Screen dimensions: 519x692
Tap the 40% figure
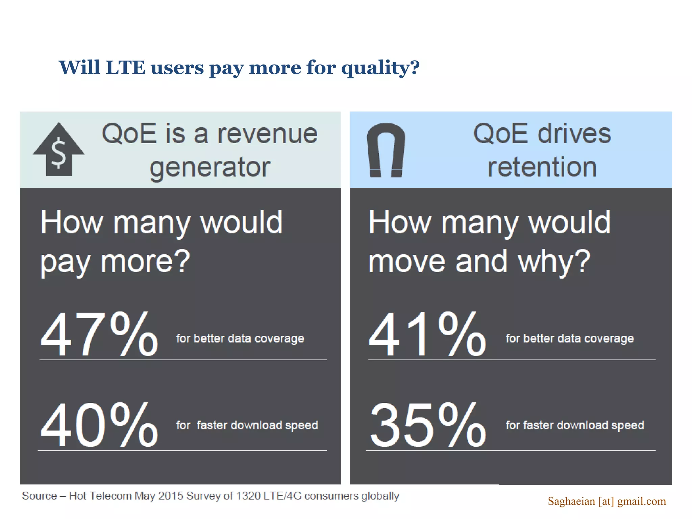pyautogui.click(x=99, y=425)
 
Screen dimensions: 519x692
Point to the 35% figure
pyautogui.click(x=427, y=425)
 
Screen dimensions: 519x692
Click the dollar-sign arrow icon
pyautogui.click(x=59, y=150)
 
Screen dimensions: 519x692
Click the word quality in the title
pyautogui.click(x=380, y=68)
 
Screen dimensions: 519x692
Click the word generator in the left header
pyautogui.click(x=210, y=167)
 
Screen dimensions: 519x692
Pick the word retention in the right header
pyautogui.click(x=542, y=167)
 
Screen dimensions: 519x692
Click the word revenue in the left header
pyautogui.click(x=267, y=134)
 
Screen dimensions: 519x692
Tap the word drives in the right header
pyautogui.click(x=574, y=134)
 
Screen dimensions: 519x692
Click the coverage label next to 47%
pyautogui.click(x=240, y=338)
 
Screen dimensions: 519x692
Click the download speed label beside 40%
pyautogui.click(x=247, y=425)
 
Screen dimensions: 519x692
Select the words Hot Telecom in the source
pyautogui.click(x=100, y=496)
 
